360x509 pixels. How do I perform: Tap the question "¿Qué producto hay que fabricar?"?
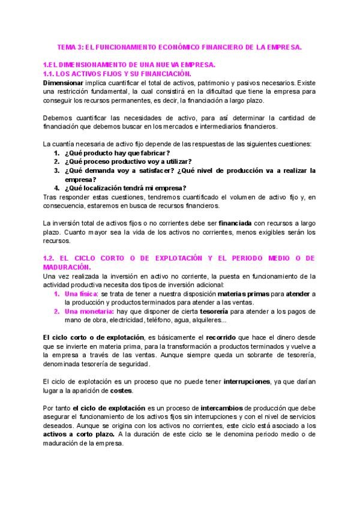[113, 153]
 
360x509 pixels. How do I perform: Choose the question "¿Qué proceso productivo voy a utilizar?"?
[128, 161]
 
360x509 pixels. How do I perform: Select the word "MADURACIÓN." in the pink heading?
[67, 267]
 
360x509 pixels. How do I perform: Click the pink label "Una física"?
[80, 293]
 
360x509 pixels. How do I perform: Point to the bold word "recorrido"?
[230, 337]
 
